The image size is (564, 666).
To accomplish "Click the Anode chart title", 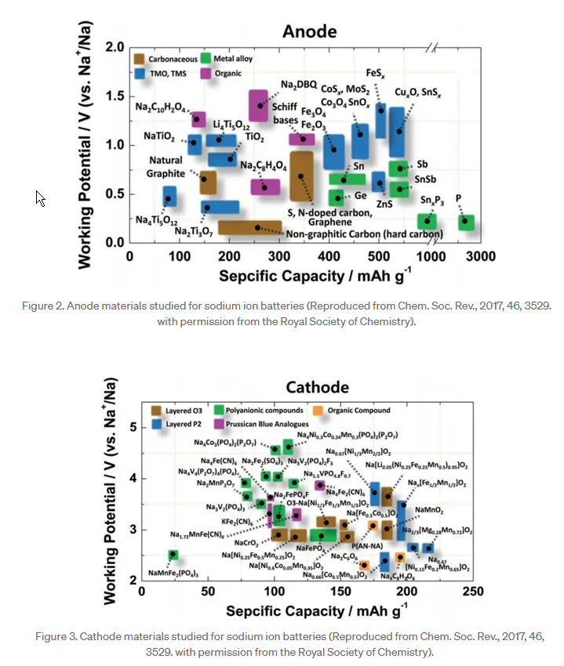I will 309,31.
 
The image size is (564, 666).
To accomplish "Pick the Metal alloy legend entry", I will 231,58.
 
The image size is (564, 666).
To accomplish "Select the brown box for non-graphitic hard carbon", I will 249,227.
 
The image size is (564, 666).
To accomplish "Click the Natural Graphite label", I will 167,167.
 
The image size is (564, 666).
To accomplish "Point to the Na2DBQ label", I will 298,84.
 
